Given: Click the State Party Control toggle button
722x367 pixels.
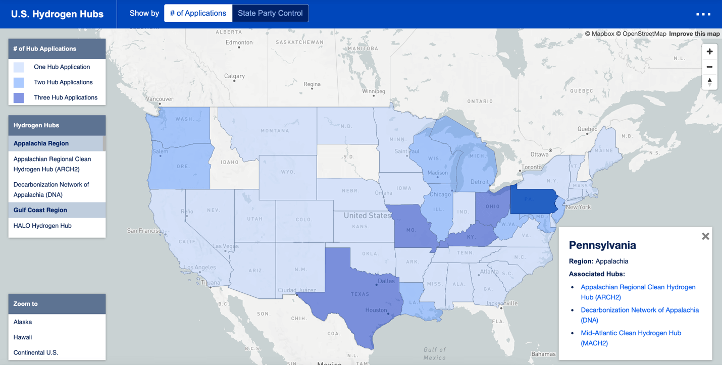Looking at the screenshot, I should click(x=270, y=13).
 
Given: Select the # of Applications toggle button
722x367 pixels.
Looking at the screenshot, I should click(x=198, y=13).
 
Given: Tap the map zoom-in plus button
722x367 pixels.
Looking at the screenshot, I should click(x=709, y=51).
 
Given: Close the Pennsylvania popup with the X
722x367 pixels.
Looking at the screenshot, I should click(x=705, y=236).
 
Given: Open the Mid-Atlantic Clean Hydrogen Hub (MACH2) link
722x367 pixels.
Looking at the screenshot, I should click(x=631, y=338).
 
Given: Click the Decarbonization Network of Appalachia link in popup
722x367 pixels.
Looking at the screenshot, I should click(x=639, y=315).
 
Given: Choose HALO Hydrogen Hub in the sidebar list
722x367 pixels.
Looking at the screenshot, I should click(x=42, y=226).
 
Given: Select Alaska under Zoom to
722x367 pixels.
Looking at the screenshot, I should click(x=23, y=322).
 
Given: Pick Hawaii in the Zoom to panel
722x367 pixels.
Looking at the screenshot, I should click(x=23, y=337).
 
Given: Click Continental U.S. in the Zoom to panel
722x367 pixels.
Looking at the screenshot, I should click(x=36, y=352).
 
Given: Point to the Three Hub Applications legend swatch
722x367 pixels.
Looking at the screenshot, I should click(x=19, y=97).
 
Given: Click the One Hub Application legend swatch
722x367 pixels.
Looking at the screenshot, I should click(x=19, y=67).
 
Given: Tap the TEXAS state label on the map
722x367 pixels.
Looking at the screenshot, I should click(x=360, y=294).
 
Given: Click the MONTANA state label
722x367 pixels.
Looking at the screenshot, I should click(x=275, y=131).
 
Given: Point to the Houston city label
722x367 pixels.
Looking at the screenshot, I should click(x=376, y=310).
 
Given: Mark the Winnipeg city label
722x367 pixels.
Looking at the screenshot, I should click(x=373, y=91).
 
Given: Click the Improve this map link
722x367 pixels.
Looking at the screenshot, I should click(x=694, y=34).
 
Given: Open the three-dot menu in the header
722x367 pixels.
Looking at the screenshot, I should click(x=703, y=14).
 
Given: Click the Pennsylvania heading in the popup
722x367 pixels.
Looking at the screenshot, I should click(x=602, y=245).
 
